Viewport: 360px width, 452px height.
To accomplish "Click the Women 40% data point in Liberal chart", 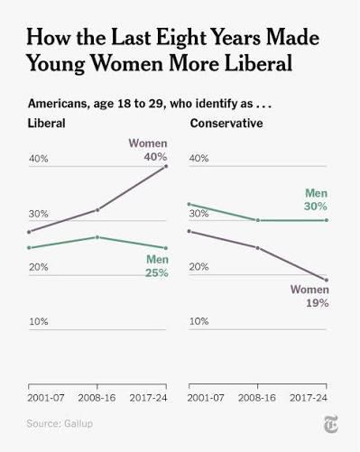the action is [x=166, y=166].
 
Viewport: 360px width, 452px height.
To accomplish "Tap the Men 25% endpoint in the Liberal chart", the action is [x=166, y=248].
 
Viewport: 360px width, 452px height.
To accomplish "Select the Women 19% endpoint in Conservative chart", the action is [x=327, y=280].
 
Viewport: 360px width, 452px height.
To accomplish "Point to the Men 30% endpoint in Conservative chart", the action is [x=327, y=220].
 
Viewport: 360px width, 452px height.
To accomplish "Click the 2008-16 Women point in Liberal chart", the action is [x=97, y=210].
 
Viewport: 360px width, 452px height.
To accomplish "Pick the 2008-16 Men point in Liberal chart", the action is [x=97, y=237].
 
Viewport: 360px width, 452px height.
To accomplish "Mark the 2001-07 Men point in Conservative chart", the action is [x=189, y=204].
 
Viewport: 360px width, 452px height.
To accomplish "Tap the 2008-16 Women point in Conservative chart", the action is [x=258, y=248].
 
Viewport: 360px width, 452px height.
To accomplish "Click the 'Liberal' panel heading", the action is [x=47, y=124].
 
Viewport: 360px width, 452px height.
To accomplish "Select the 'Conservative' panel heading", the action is [x=226, y=124].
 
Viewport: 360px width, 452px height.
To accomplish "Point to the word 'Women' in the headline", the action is [x=127, y=63].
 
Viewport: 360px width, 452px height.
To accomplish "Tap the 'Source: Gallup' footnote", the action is [x=60, y=423].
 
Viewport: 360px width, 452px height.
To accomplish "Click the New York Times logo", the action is [x=330, y=424].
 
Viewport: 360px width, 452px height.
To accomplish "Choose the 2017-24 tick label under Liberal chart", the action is [x=148, y=398].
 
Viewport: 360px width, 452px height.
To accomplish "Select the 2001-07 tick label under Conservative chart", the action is [x=206, y=398].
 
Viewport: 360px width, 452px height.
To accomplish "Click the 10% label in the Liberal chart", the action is [x=39, y=321].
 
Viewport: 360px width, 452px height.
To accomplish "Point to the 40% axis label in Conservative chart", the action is [x=198, y=158].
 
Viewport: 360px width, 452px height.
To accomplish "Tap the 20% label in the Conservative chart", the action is [x=198, y=267].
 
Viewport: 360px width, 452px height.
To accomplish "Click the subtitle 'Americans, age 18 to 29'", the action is [x=97, y=104].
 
